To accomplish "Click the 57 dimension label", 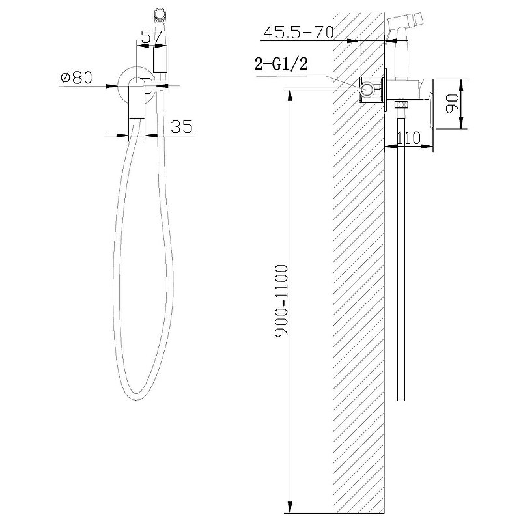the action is coord(152,37).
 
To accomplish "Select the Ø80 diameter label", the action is coord(76,77).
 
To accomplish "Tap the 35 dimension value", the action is coord(182,126).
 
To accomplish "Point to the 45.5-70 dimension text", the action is coord(298,33).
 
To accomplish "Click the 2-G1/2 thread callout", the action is coord(281,63).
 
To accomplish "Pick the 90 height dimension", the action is coord(452,104).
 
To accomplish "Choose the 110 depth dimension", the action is coord(408,137).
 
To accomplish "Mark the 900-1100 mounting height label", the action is coord(281,301).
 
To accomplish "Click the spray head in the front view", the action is coord(160,15).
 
